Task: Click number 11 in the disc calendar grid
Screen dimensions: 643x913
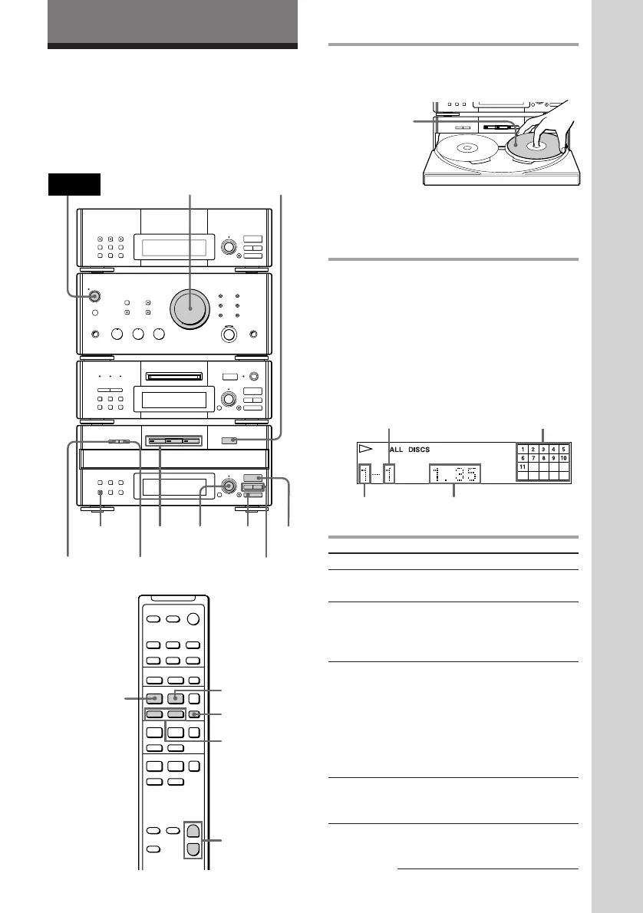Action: tap(523, 466)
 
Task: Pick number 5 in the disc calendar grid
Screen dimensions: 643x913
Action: tap(563, 449)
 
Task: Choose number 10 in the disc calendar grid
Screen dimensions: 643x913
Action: tap(563, 457)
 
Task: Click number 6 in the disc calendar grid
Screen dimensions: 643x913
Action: tap(523, 457)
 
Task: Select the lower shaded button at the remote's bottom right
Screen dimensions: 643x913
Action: tap(195, 849)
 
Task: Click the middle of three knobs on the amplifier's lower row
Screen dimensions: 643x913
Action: tap(139, 335)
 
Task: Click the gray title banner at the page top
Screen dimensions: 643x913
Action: tap(173, 22)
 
